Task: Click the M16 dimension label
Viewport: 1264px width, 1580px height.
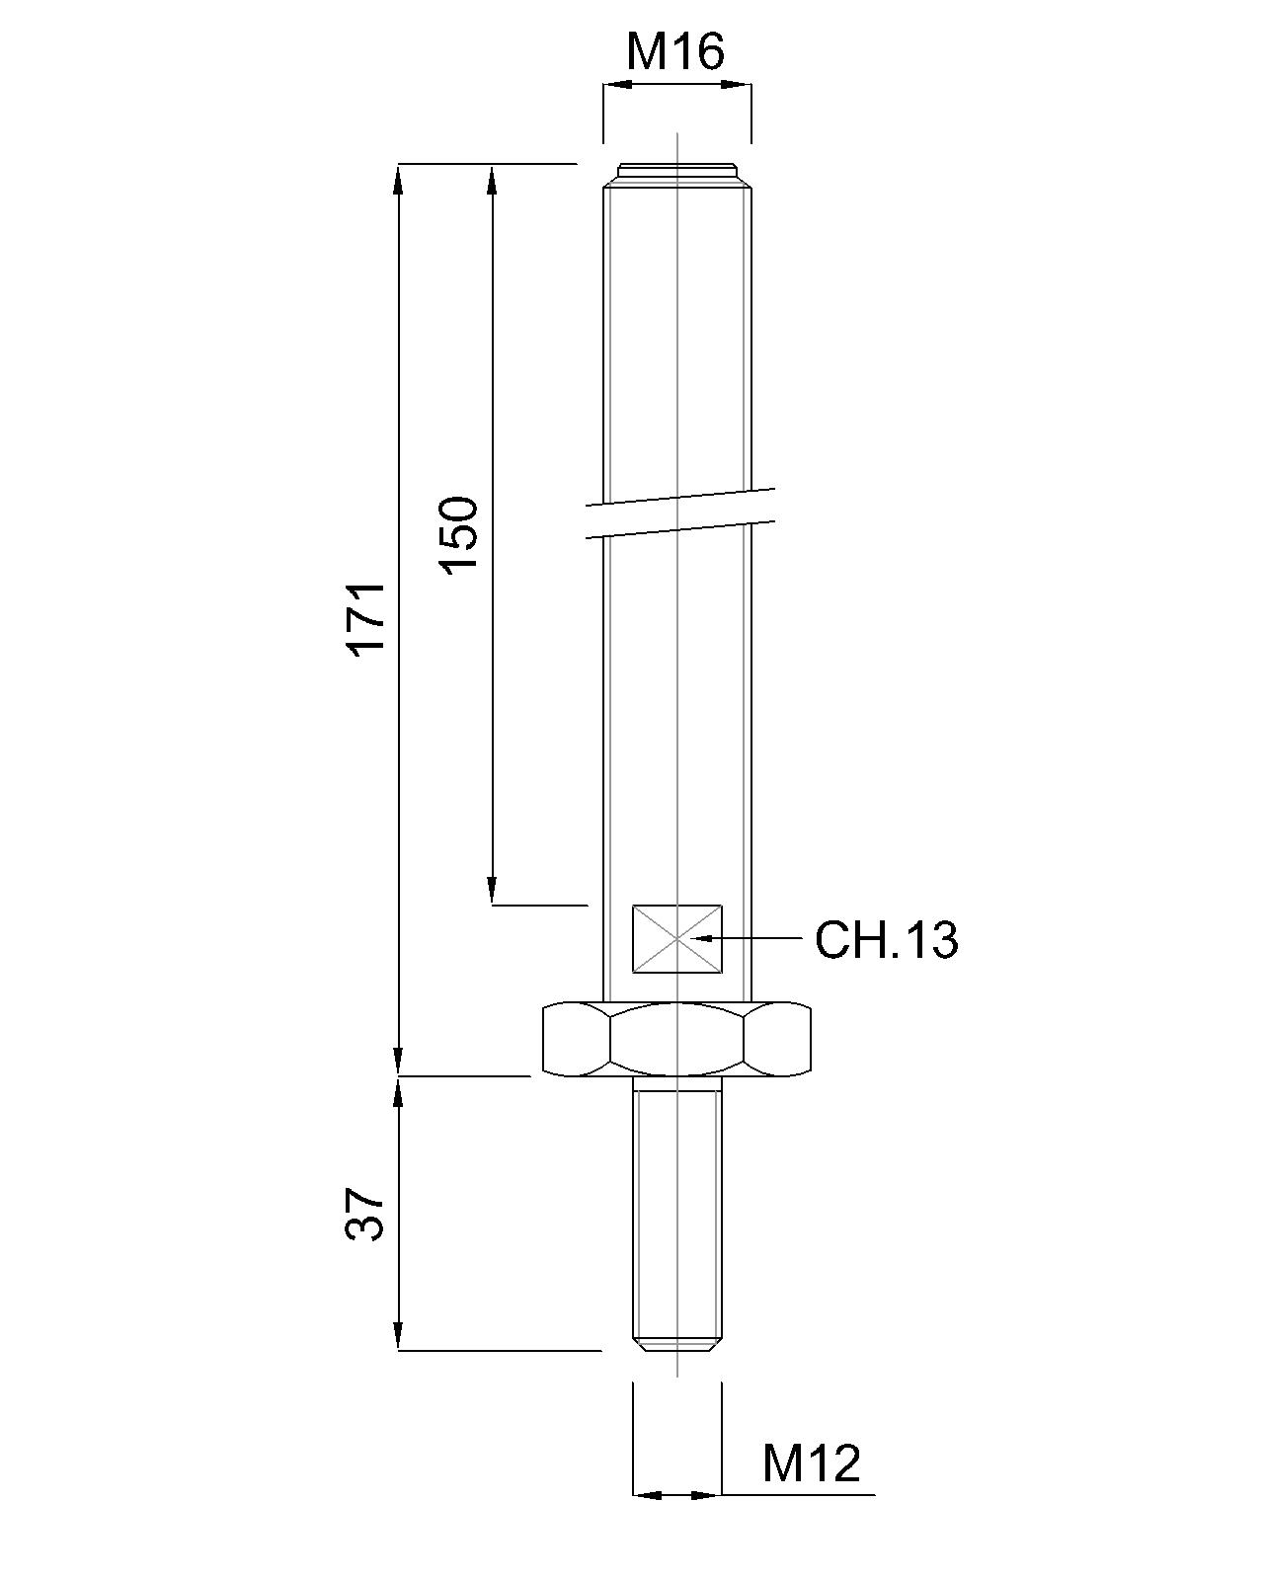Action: [x=675, y=51]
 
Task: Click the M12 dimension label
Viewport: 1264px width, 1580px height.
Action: [x=811, y=1463]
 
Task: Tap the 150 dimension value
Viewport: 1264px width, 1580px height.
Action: [x=459, y=534]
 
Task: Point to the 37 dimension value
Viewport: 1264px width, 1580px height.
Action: [x=364, y=1214]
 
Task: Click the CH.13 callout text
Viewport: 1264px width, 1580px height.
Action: [x=886, y=940]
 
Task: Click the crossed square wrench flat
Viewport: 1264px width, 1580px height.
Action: [x=677, y=939]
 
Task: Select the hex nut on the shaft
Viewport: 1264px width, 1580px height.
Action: [x=677, y=1039]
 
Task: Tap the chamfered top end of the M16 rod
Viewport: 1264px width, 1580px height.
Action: [x=677, y=173]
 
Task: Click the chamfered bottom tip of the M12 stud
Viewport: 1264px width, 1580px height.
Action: [x=677, y=1344]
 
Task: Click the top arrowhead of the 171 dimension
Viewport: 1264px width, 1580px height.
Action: [x=398, y=178]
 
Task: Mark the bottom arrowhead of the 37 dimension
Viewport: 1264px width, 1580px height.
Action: [x=398, y=1337]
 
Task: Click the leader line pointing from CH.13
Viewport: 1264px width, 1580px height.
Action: [x=760, y=937]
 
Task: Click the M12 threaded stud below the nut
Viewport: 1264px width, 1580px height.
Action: [x=677, y=1215]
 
